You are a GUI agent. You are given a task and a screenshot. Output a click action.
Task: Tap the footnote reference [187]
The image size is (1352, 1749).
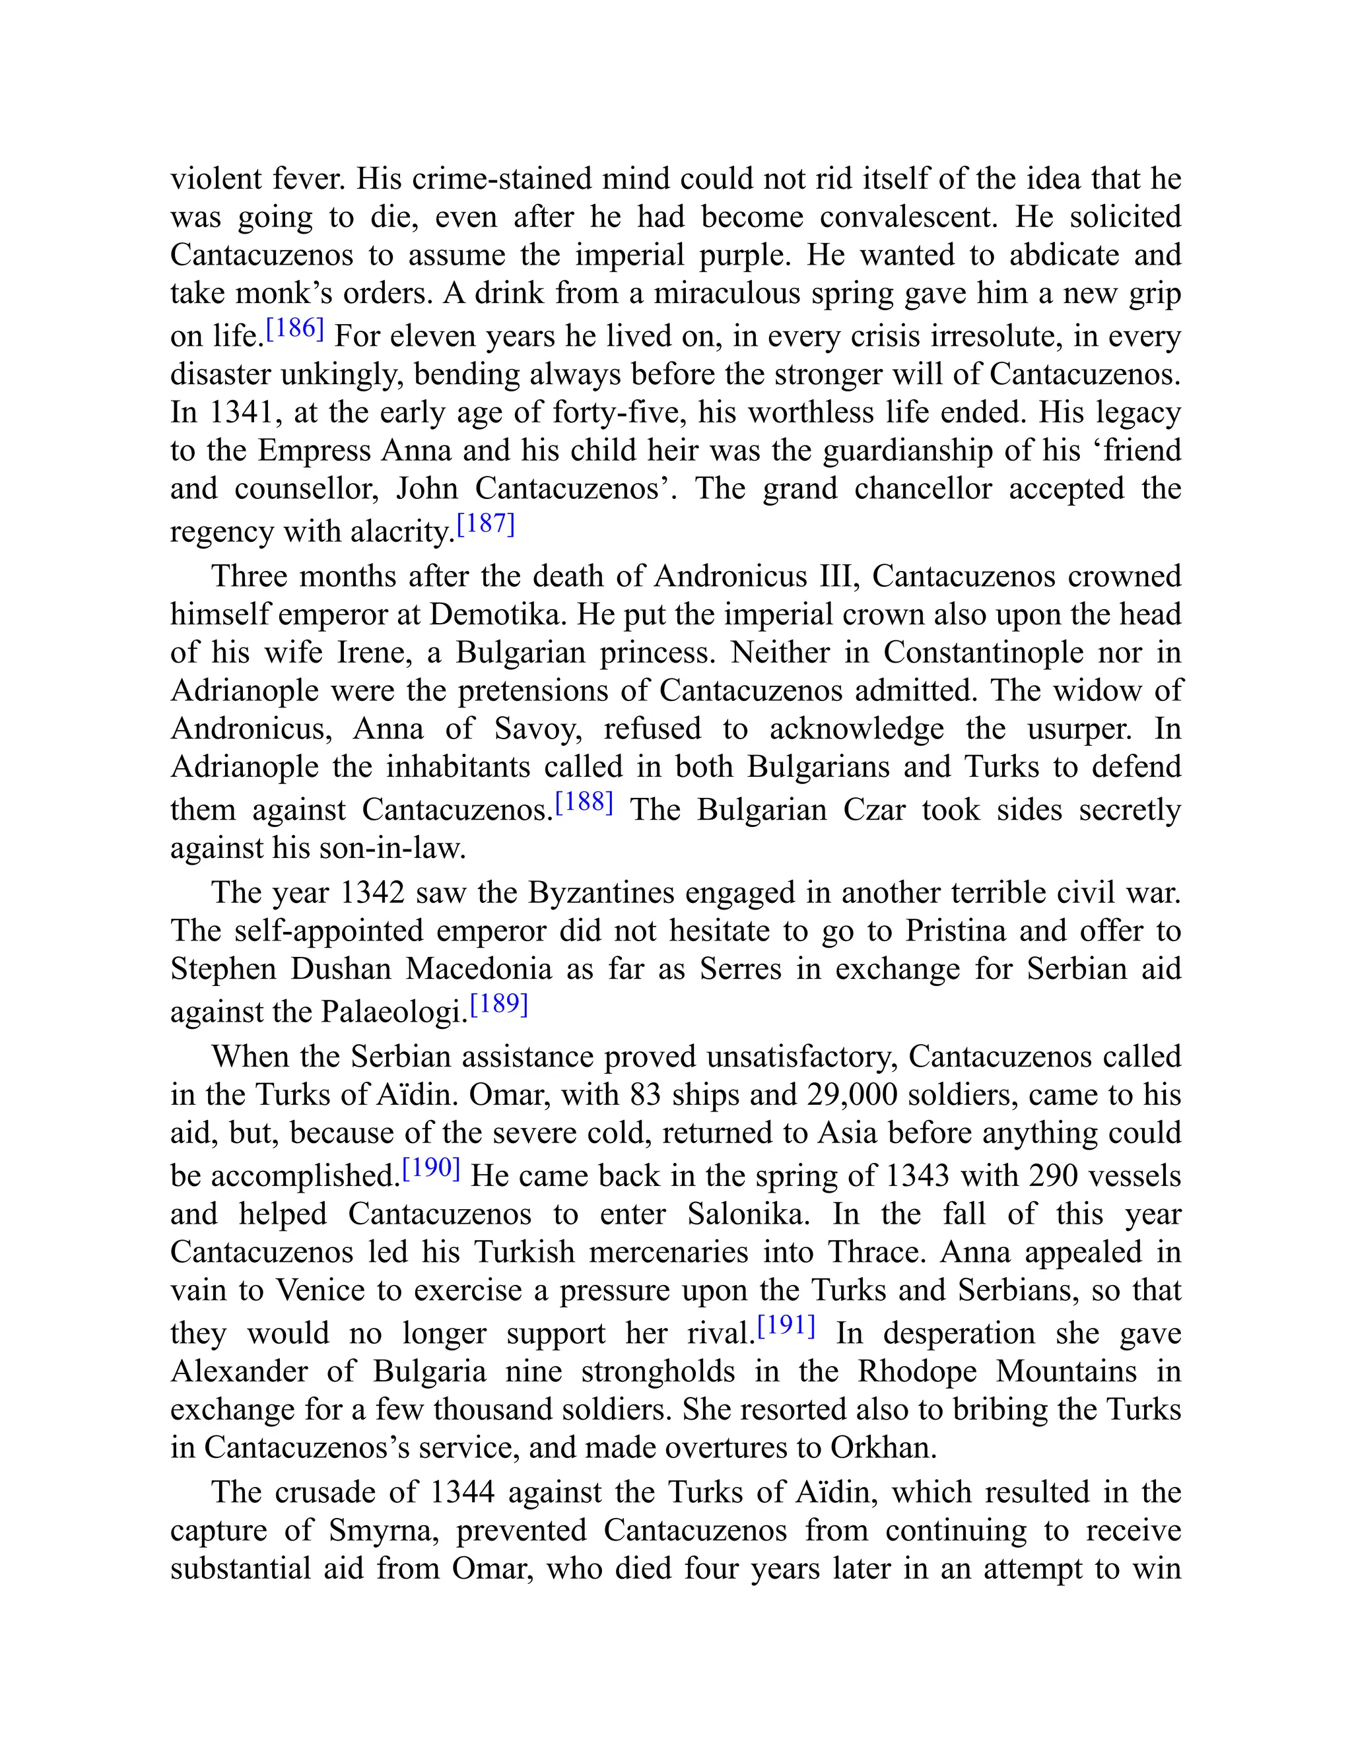[485, 525]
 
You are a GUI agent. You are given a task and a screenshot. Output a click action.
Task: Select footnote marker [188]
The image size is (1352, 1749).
[584, 803]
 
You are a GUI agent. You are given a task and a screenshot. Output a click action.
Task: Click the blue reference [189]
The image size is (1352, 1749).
[499, 1005]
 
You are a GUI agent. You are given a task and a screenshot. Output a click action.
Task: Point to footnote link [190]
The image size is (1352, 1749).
[431, 1168]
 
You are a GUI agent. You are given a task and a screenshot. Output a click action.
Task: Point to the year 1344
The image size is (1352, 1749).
[462, 1492]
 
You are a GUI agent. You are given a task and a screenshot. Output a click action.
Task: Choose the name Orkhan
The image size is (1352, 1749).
[883, 1447]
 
